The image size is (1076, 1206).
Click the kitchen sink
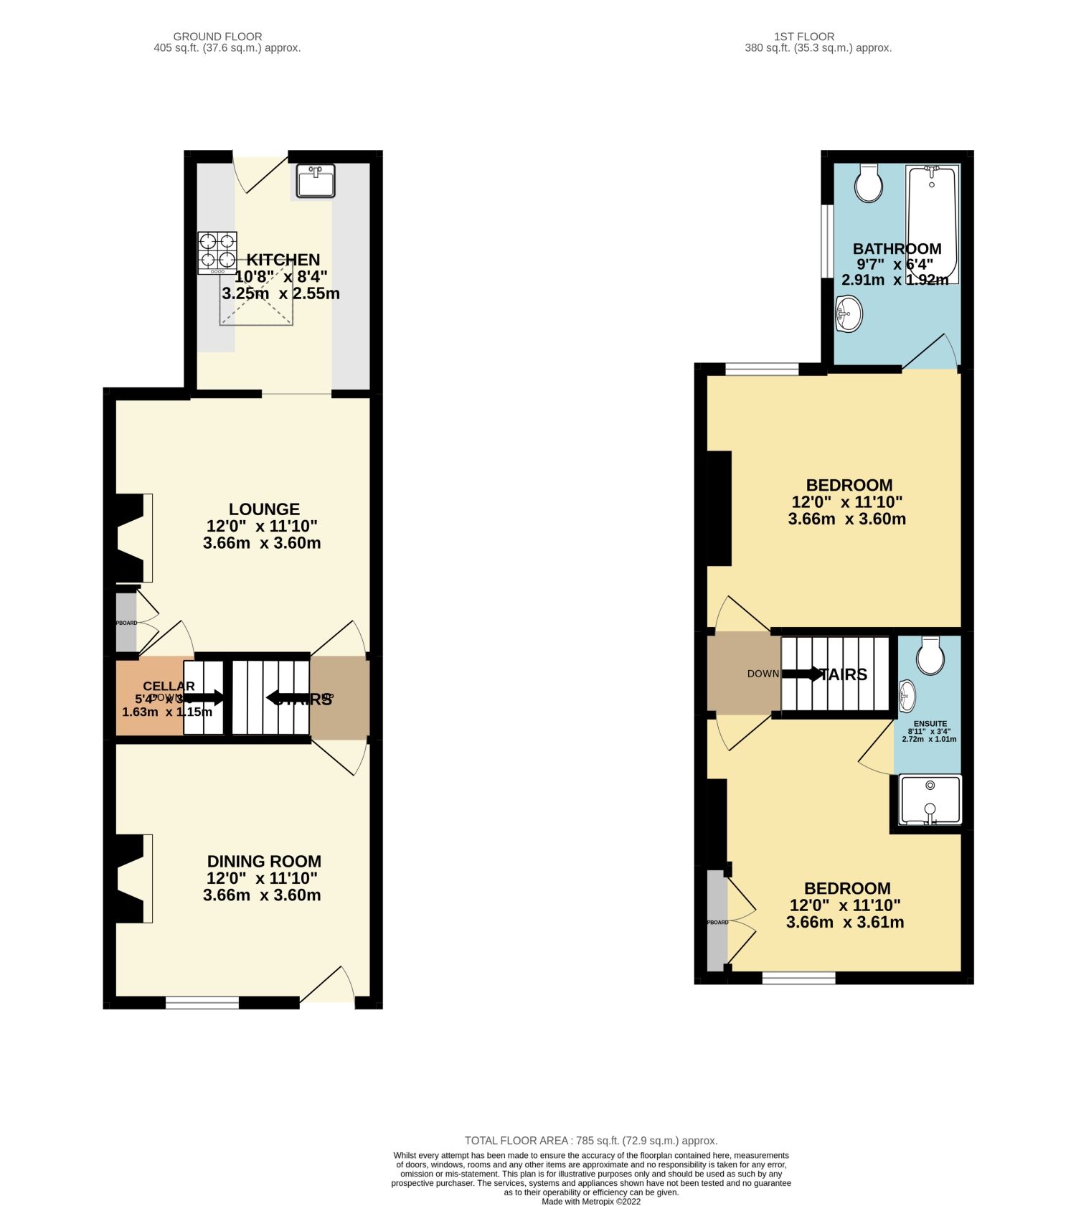pos(316,181)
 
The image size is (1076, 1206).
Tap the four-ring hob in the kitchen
pos(217,252)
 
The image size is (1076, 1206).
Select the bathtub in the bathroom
pos(932,224)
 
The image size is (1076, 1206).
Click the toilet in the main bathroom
pos(869,184)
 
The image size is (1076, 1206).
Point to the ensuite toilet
pos(930,655)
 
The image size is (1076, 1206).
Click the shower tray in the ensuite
pos(930,799)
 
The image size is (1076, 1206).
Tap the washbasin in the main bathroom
pos(849,314)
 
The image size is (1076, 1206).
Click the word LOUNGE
pos(264,509)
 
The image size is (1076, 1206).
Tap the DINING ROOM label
pos(264,862)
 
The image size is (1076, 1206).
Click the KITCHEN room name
pos(283,260)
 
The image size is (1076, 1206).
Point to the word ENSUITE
pos(930,724)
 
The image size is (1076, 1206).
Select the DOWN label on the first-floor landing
pos(763,674)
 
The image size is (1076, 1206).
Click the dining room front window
pos(202,1002)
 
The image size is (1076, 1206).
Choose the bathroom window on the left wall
pos(827,241)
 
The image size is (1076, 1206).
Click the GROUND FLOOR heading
pos(217,37)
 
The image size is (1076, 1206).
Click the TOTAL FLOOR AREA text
pos(590,1141)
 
